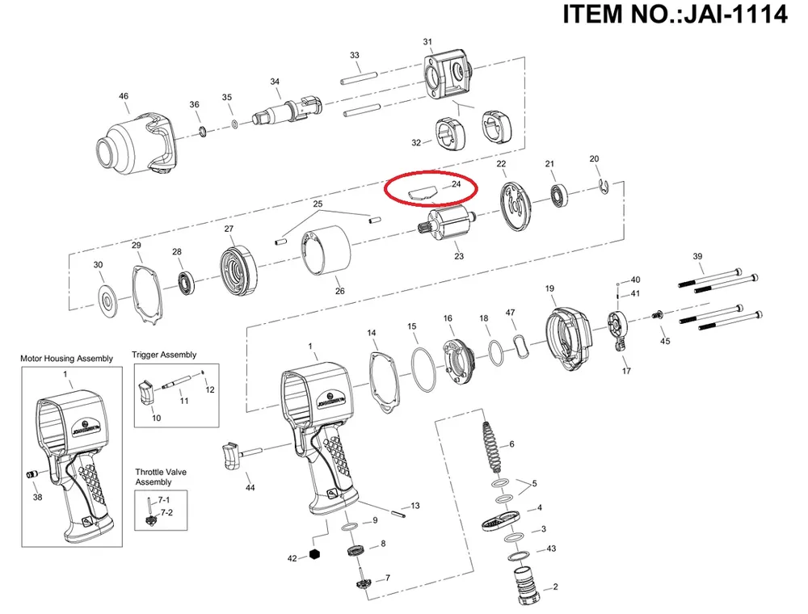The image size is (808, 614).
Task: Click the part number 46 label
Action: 124,97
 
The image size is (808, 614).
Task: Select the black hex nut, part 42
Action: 315,554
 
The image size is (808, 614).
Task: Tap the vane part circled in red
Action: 422,194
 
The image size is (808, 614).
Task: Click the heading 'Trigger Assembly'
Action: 164,355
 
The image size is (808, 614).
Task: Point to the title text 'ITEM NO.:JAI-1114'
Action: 674,15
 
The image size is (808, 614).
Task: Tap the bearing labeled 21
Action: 558,195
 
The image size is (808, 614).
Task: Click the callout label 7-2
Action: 166,513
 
